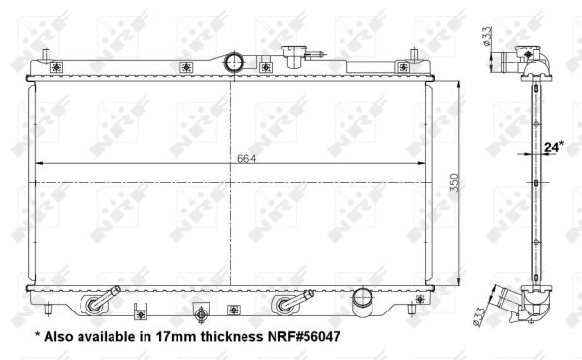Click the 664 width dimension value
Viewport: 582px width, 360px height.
click(x=246, y=159)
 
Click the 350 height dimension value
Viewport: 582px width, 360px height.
click(x=454, y=182)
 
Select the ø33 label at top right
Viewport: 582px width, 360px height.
click(x=487, y=36)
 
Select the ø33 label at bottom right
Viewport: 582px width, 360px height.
click(x=479, y=317)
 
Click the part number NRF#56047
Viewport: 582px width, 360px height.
click(x=304, y=337)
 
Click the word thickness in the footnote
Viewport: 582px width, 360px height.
click(x=232, y=337)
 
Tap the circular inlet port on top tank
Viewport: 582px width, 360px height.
click(x=234, y=62)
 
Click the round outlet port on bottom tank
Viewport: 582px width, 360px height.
click(x=362, y=301)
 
